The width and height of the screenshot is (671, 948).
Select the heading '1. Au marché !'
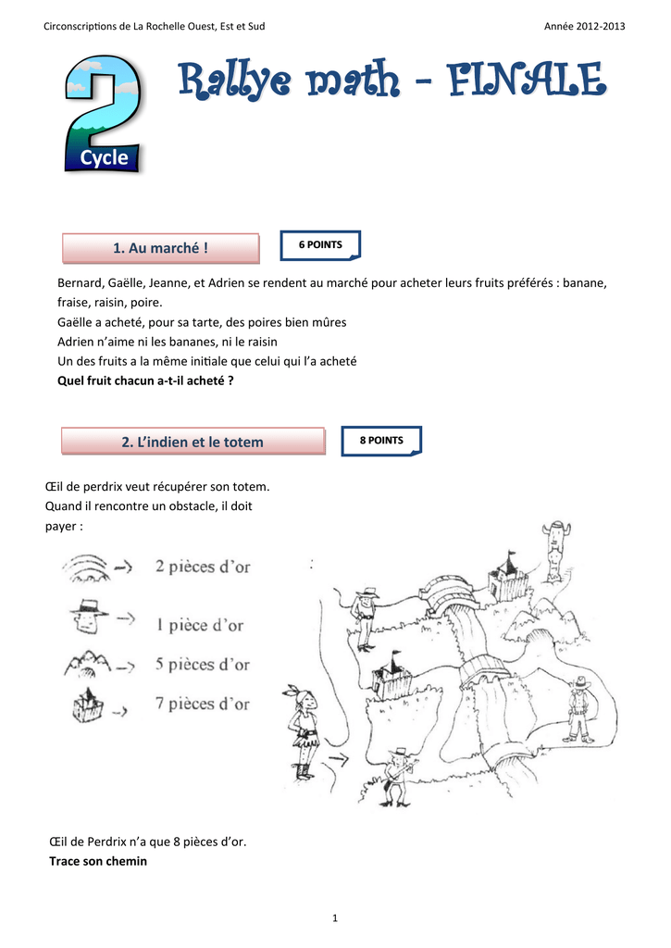coord(160,248)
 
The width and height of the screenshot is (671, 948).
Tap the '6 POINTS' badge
coord(320,245)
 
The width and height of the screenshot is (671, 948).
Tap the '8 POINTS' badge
coord(381,441)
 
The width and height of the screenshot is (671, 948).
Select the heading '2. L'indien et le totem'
coord(193,443)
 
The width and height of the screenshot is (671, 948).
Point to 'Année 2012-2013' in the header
coord(586,26)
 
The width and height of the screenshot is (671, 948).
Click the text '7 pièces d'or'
coord(203,705)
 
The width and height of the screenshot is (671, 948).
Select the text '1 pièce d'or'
coord(200,625)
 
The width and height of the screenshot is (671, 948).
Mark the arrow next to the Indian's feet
coord(340,760)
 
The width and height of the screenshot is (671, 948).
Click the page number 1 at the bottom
coord(335,917)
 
